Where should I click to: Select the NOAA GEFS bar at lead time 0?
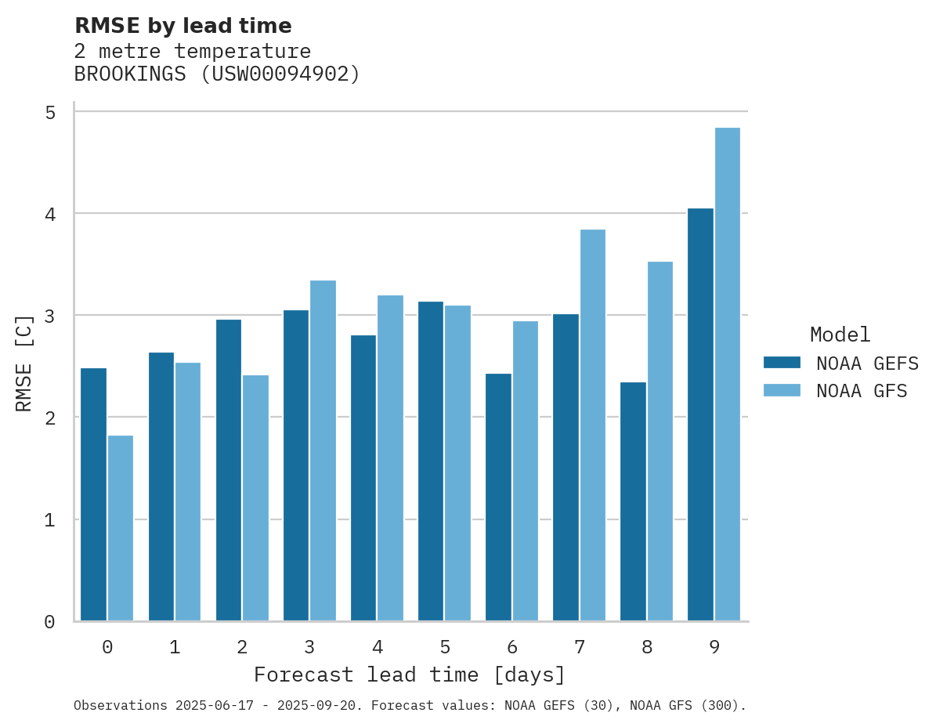coord(93,494)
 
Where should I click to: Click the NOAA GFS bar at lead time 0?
coord(121,528)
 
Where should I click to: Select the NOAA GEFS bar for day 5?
coord(431,461)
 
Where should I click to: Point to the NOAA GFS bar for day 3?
coord(323,450)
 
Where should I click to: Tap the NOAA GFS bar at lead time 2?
coord(255,498)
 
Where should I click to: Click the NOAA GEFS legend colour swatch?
coord(782,363)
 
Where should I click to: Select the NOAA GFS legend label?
coord(862,391)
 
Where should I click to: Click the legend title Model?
coord(840,335)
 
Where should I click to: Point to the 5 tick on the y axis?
coord(50,112)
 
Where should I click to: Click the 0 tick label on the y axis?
coord(50,622)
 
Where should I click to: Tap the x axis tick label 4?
coord(378,647)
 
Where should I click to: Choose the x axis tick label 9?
coord(714,647)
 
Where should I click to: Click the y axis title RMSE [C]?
coord(24,363)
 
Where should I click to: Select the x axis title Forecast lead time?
coord(409,675)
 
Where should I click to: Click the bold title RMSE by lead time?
coord(183,26)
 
